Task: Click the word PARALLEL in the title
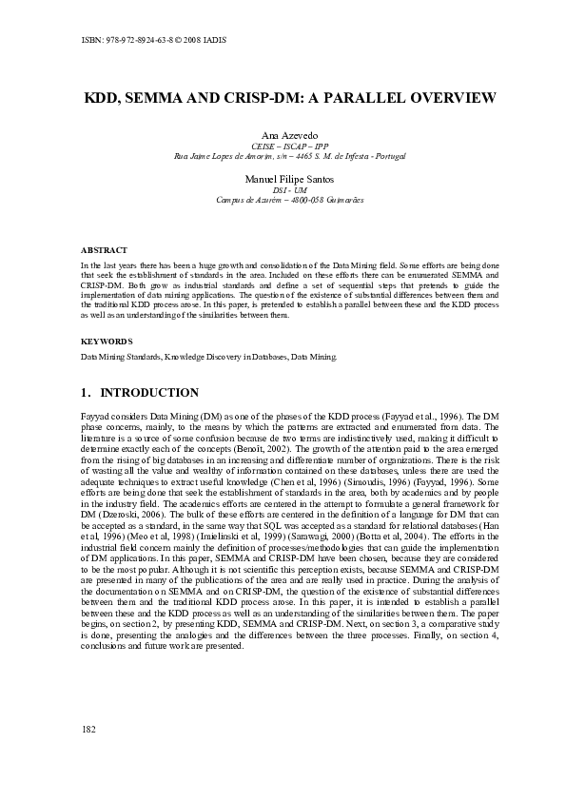pyautogui.click(x=351, y=98)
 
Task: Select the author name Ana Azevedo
pyautogui.click(x=283, y=135)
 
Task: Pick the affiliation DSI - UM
pyautogui.click(x=283, y=189)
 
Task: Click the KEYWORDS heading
pyautogui.click(x=106, y=340)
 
